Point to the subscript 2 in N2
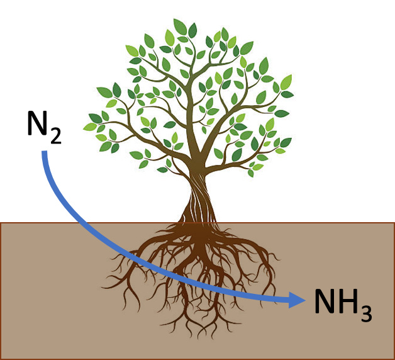[x=55, y=135]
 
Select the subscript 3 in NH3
[x=365, y=313]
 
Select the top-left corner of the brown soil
[x=2, y=223]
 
